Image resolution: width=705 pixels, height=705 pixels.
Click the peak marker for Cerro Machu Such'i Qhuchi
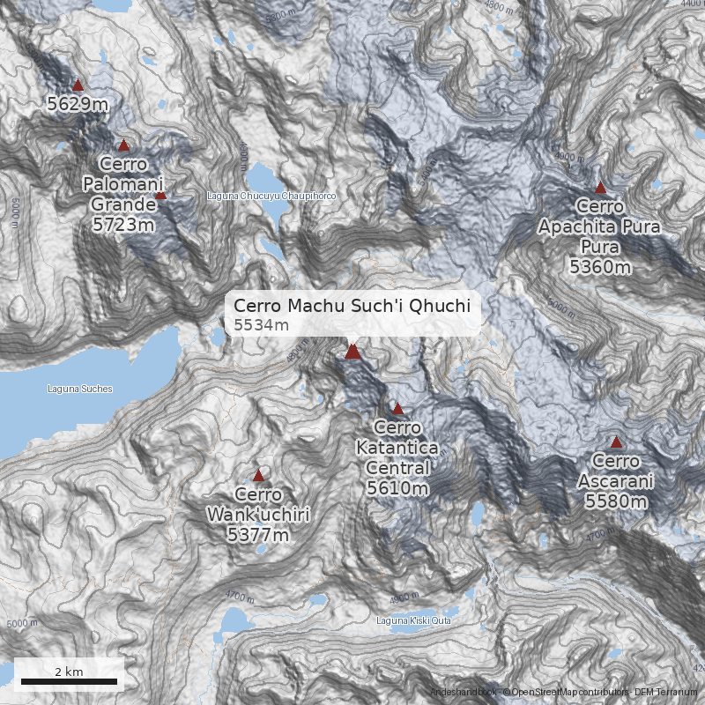[x=352, y=352]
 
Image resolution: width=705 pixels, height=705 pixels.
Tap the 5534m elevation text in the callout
[x=262, y=325]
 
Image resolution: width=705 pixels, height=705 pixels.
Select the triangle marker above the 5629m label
[x=78, y=85]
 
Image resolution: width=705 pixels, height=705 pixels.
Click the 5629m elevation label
[x=78, y=105]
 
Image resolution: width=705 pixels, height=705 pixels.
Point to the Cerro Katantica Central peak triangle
[x=397, y=409]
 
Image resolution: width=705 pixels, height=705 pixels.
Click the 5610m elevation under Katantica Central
[x=397, y=487]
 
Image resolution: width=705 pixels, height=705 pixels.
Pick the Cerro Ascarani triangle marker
[x=617, y=442]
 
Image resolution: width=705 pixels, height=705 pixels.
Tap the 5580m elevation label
[x=616, y=501]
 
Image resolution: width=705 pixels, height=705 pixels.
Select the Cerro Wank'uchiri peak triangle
[x=258, y=475]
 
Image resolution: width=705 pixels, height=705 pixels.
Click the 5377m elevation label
[x=258, y=534]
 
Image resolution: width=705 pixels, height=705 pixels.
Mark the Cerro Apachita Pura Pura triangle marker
[x=600, y=188]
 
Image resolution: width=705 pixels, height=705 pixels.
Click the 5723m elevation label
[x=123, y=224]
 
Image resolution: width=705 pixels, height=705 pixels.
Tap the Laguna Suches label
[x=79, y=388]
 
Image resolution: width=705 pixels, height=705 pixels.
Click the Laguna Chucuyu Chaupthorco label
[x=271, y=195]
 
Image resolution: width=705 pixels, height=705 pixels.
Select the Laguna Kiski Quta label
[x=414, y=621]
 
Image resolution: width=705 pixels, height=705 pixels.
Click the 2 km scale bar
[x=69, y=681]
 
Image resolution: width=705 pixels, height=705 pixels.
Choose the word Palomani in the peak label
[x=123, y=184]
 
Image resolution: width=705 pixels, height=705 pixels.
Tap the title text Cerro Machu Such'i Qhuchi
[x=352, y=306]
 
